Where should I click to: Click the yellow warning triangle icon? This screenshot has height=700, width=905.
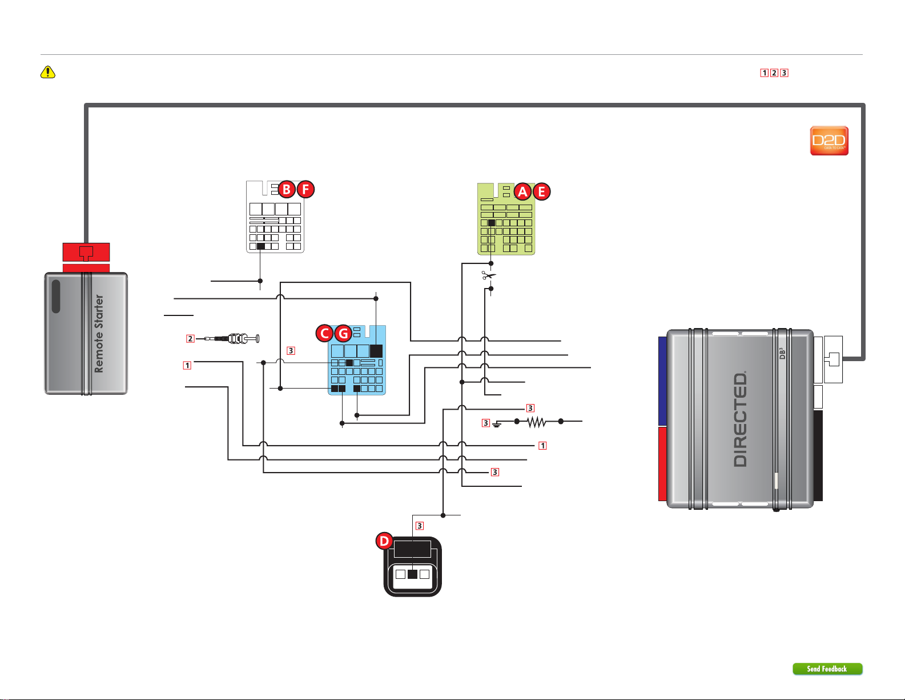48,72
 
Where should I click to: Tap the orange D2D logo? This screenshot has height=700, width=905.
829,141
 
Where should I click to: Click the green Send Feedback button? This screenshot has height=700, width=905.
827,669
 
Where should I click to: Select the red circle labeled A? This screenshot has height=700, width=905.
522,191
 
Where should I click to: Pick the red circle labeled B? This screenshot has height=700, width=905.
287,190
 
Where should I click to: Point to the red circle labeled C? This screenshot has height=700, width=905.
324,333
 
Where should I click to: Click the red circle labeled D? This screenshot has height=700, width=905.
384,541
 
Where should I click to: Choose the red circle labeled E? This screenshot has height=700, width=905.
541,191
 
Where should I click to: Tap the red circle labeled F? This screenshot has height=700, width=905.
305,190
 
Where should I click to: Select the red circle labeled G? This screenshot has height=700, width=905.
344,333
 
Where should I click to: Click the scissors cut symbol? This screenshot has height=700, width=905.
489,275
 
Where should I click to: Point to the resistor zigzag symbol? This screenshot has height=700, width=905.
537,422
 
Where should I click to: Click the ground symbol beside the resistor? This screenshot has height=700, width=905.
496,424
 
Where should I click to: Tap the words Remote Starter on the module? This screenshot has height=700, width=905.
99,334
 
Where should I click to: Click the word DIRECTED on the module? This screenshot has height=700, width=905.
740,419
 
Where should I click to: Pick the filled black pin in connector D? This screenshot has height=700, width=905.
412,574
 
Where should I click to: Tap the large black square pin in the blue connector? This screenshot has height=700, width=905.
376,351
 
